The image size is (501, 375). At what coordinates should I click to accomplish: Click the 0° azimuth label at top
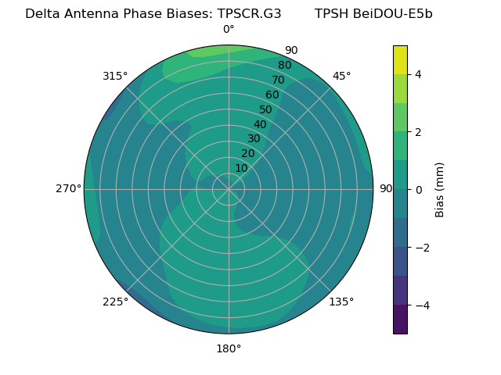click(x=229, y=30)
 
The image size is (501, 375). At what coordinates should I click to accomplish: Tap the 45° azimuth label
click(x=341, y=76)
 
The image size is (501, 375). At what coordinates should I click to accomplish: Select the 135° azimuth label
click(x=341, y=302)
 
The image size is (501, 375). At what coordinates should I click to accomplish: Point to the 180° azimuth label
click(x=229, y=348)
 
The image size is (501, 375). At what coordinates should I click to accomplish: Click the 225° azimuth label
click(x=115, y=302)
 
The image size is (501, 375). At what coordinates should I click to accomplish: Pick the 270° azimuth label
click(x=69, y=188)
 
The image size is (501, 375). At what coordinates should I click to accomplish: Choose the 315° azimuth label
click(x=115, y=76)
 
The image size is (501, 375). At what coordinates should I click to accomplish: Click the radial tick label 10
click(x=241, y=168)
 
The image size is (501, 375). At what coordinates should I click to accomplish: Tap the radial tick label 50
click(x=266, y=109)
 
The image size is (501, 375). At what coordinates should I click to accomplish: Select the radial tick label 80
click(x=285, y=65)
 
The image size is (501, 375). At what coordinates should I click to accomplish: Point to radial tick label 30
click(x=254, y=139)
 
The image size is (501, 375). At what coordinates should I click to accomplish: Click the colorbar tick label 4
click(x=419, y=74)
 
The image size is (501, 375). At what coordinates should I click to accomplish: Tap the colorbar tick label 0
click(x=419, y=189)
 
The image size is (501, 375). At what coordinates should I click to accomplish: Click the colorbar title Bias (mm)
click(x=440, y=189)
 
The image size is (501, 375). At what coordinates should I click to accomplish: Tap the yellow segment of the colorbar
click(x=400, y=59)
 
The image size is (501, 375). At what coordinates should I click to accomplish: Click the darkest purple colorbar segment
click(x=400, y=319)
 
